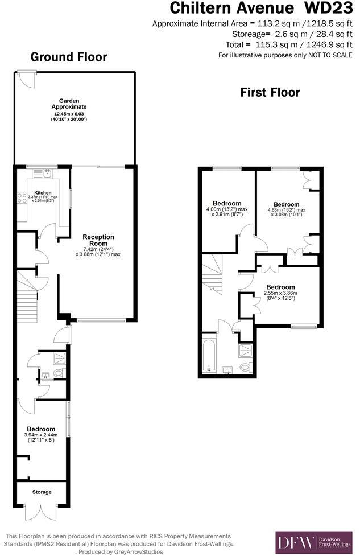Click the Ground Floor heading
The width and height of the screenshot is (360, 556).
click(68, 57)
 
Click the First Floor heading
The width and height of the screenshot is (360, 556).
click(270, 93)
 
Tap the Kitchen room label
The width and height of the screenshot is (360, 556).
click(43, 193)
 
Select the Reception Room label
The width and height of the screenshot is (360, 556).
click(98, 240)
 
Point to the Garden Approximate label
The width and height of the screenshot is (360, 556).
click(69, 103)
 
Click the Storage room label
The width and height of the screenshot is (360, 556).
click(42, 492)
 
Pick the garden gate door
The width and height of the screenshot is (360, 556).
click(26, 79)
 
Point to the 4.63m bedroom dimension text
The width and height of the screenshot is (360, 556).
click(287, 210)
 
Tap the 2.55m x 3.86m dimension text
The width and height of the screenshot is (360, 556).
click(280, 293)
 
